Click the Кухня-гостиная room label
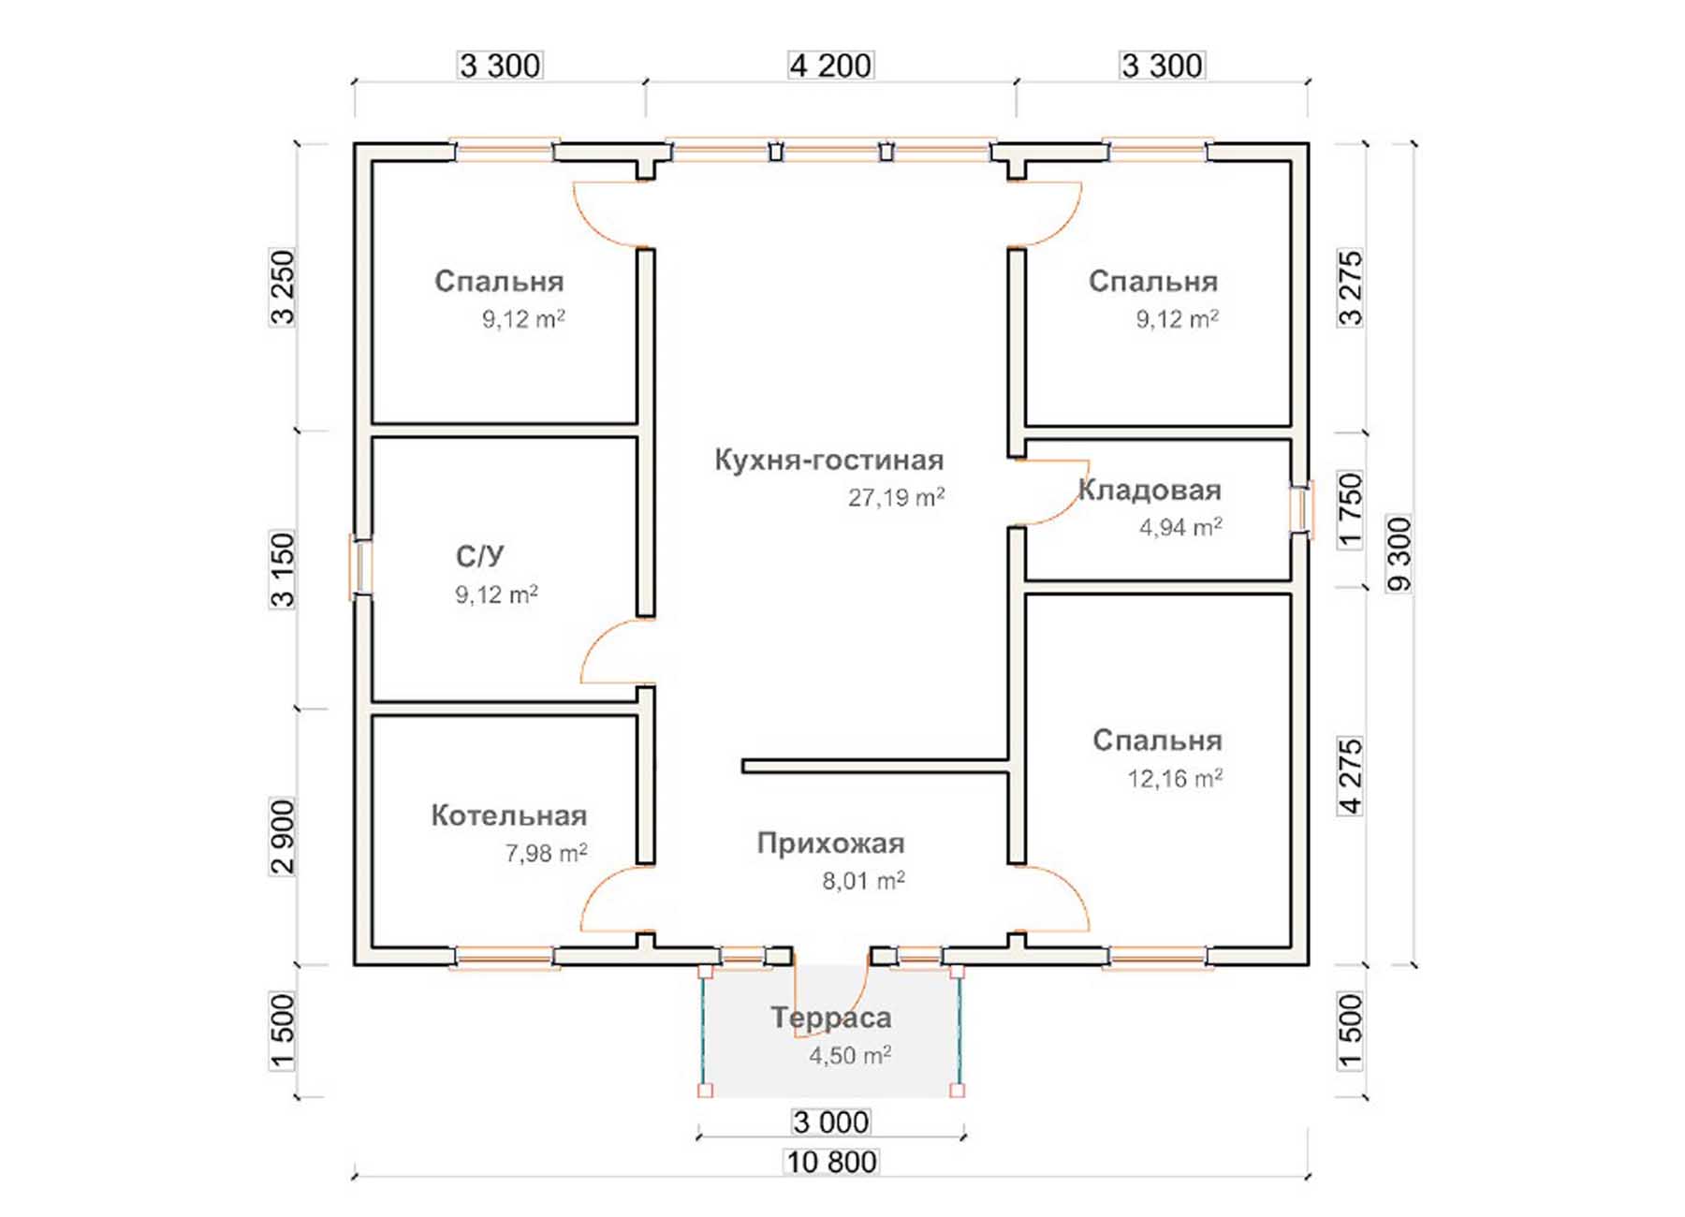click(828, 461)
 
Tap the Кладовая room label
click(1150, 491)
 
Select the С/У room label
click(480, 557)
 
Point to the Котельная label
click(509, 815)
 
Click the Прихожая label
click(830, 843)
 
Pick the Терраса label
click(831, 1018)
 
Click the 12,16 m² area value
click(1175, 779)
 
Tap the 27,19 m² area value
click(896, 497)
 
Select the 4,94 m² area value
click(1180, 528)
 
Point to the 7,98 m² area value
click(547, 854)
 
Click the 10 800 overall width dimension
click(831, 1162)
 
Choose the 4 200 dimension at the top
click(831, 66)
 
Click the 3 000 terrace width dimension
click(831, 1122)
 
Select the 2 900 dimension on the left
click(282, 836)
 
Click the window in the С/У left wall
click(361, 566)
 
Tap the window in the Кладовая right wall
click(1301, 509)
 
